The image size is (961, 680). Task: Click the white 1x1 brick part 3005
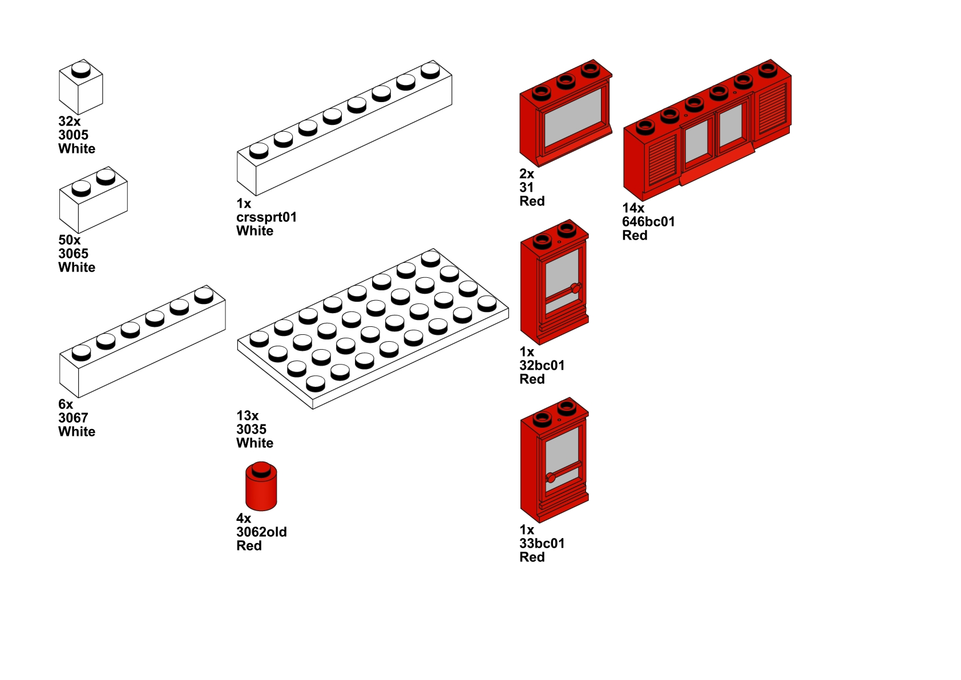80,87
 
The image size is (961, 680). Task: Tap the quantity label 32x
70,122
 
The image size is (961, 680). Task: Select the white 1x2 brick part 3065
93,200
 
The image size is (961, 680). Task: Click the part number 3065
74,253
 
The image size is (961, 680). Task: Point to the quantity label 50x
70,240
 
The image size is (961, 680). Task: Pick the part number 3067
74,418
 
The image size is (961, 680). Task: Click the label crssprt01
267,217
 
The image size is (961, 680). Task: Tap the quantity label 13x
248,415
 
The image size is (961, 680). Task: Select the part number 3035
252,429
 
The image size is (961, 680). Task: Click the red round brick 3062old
261,486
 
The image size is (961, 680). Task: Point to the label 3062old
262,532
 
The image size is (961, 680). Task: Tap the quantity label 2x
527,173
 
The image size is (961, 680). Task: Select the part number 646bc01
649,222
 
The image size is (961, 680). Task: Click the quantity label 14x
633,208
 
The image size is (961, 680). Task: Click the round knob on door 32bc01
576,288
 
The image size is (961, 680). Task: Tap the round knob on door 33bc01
551,477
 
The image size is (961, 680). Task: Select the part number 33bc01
542,543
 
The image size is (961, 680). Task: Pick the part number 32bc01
542,365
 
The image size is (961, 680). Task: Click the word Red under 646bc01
635,236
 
